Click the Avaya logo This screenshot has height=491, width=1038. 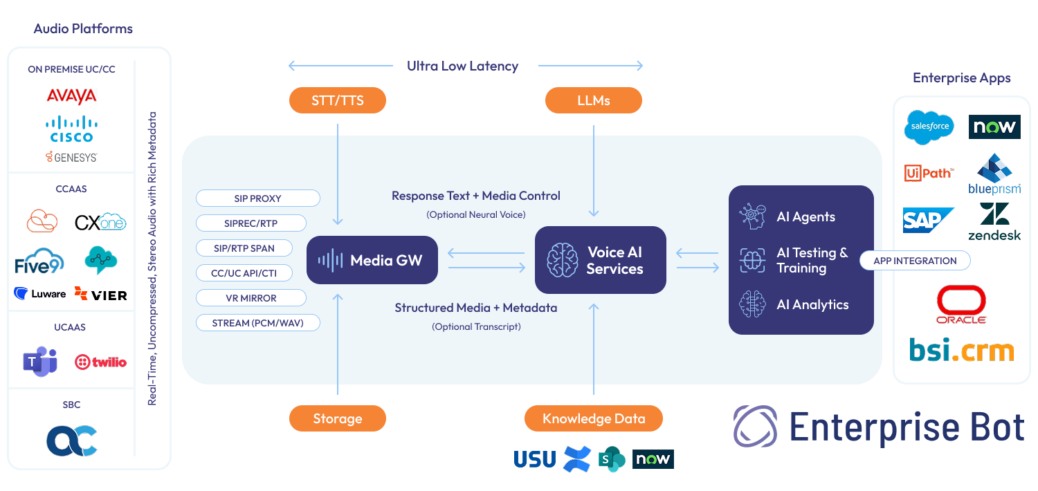coord(71,96)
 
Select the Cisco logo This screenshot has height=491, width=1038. coord(71,129)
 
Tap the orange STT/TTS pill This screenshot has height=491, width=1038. coord(337,100)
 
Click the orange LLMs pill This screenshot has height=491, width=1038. coord(593,100)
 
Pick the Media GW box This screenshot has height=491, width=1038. coord(372,260)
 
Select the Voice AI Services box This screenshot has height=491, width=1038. coord(600,260)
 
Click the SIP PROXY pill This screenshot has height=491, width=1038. coord(257,198)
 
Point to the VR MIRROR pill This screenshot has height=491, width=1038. coord(251,298)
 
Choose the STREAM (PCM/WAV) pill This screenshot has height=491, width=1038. coord(257,323)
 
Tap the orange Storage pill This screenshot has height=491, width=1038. coord(337,418)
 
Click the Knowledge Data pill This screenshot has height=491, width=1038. coord(593,418)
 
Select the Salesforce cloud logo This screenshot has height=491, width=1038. coord(929,127)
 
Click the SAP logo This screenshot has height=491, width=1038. coord(927,220)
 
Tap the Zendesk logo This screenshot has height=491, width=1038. coord(994,221)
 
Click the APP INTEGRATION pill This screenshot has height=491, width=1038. coord(915,261)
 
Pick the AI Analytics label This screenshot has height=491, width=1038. coord(812,305)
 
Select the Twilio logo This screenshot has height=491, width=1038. coord(100,362)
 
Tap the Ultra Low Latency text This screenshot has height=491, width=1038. coord(462,66)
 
